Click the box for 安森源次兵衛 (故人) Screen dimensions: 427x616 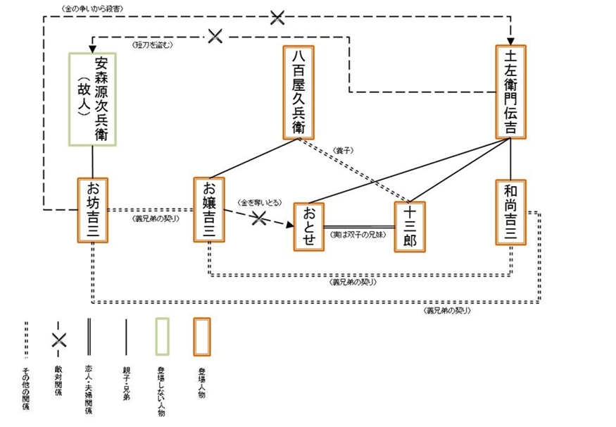92,99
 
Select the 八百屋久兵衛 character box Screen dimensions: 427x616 298,92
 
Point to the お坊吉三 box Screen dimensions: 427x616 92,210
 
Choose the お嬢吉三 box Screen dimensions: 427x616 209,210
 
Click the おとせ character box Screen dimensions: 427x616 308,226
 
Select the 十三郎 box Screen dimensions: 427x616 410,227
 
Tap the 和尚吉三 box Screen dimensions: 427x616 510,211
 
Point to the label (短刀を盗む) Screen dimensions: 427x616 153,44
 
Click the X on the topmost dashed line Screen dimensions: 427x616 277,18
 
